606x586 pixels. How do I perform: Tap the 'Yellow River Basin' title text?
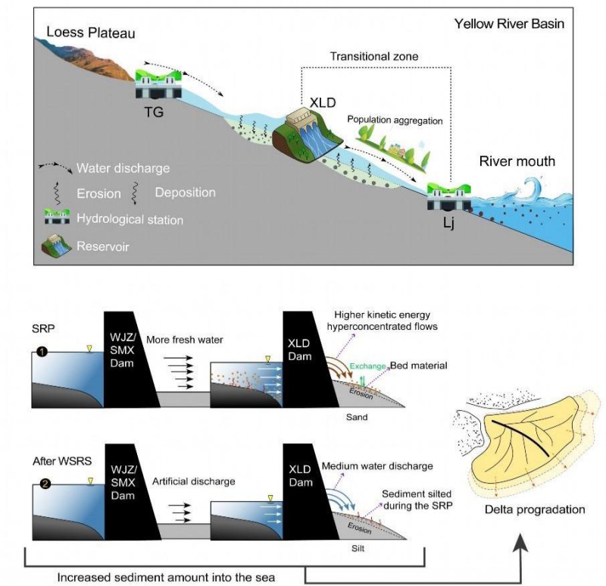[509, 24]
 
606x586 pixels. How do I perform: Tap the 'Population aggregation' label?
[394, 120]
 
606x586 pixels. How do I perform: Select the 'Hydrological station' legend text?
[129, 220]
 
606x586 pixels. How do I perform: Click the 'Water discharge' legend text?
[123, 168]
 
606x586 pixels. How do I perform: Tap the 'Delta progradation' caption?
[536, 509]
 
